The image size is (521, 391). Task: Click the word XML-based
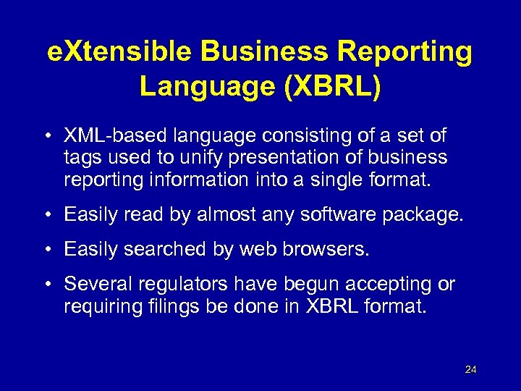click(111, 135)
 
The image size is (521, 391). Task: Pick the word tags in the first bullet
click(80, 158)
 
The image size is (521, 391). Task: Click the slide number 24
click(471, 370)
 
